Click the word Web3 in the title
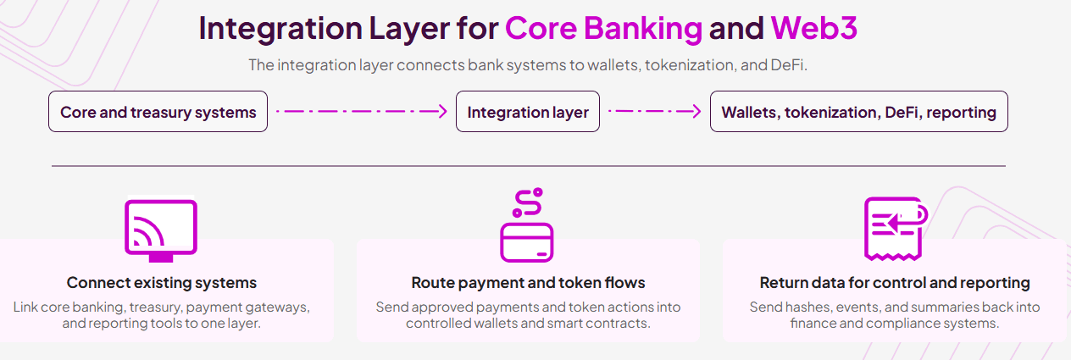[813, 29]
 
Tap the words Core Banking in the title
[603, 29]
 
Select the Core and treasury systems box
[158, 112]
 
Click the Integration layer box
[528, 112]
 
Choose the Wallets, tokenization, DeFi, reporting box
[858, 112]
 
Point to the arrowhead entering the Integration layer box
[441, 112]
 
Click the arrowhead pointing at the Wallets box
[695, 112]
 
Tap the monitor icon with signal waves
[161, 228]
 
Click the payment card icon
[527, 241]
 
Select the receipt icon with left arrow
[893, 227]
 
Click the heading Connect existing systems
[162, 283]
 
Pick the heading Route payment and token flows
[528, 283]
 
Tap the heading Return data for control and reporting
[895, 283]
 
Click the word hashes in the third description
[806, 307]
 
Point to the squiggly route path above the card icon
[526, 202]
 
